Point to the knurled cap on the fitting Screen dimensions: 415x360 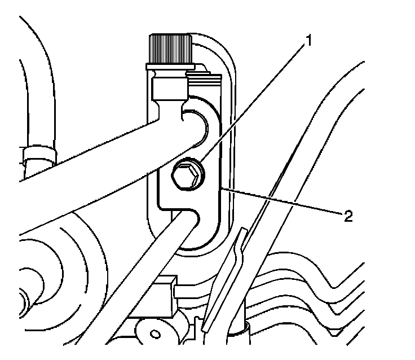point(170,49)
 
